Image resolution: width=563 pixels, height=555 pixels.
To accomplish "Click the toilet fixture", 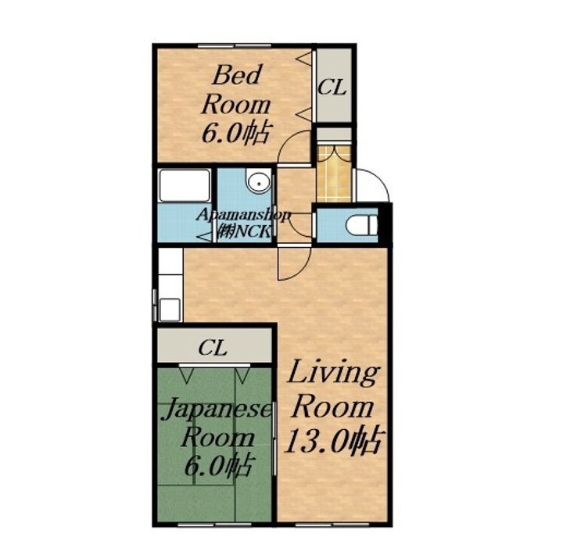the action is click(361, 225).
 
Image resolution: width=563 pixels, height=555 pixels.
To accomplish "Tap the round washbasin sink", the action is click(258, 181).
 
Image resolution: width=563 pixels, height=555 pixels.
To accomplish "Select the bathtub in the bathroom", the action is click(185, 185).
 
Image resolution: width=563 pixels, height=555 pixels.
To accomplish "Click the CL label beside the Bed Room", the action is click(332, 87).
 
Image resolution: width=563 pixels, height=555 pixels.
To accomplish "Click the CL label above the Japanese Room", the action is click(213, 347).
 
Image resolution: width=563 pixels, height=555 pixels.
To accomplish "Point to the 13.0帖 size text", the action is click(334, 440).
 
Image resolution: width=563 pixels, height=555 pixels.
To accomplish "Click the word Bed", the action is click(236, 75).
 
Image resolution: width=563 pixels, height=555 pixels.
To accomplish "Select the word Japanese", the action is click(216, 410).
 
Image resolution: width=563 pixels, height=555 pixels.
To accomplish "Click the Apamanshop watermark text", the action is click(243, 216).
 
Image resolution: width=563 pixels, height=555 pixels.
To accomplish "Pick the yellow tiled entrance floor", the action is click(334, 173).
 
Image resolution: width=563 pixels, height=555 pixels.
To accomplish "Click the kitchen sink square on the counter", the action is click(170, 310).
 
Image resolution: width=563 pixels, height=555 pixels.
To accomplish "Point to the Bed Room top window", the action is click(235, 45).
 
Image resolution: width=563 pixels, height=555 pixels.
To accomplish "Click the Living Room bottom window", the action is click(332, 525).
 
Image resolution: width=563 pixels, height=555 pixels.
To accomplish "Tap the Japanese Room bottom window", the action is click(214, 525).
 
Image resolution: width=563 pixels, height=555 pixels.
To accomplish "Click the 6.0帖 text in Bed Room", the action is click(235, 134).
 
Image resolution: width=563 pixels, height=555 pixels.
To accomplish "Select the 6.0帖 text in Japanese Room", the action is click(217, 466).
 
